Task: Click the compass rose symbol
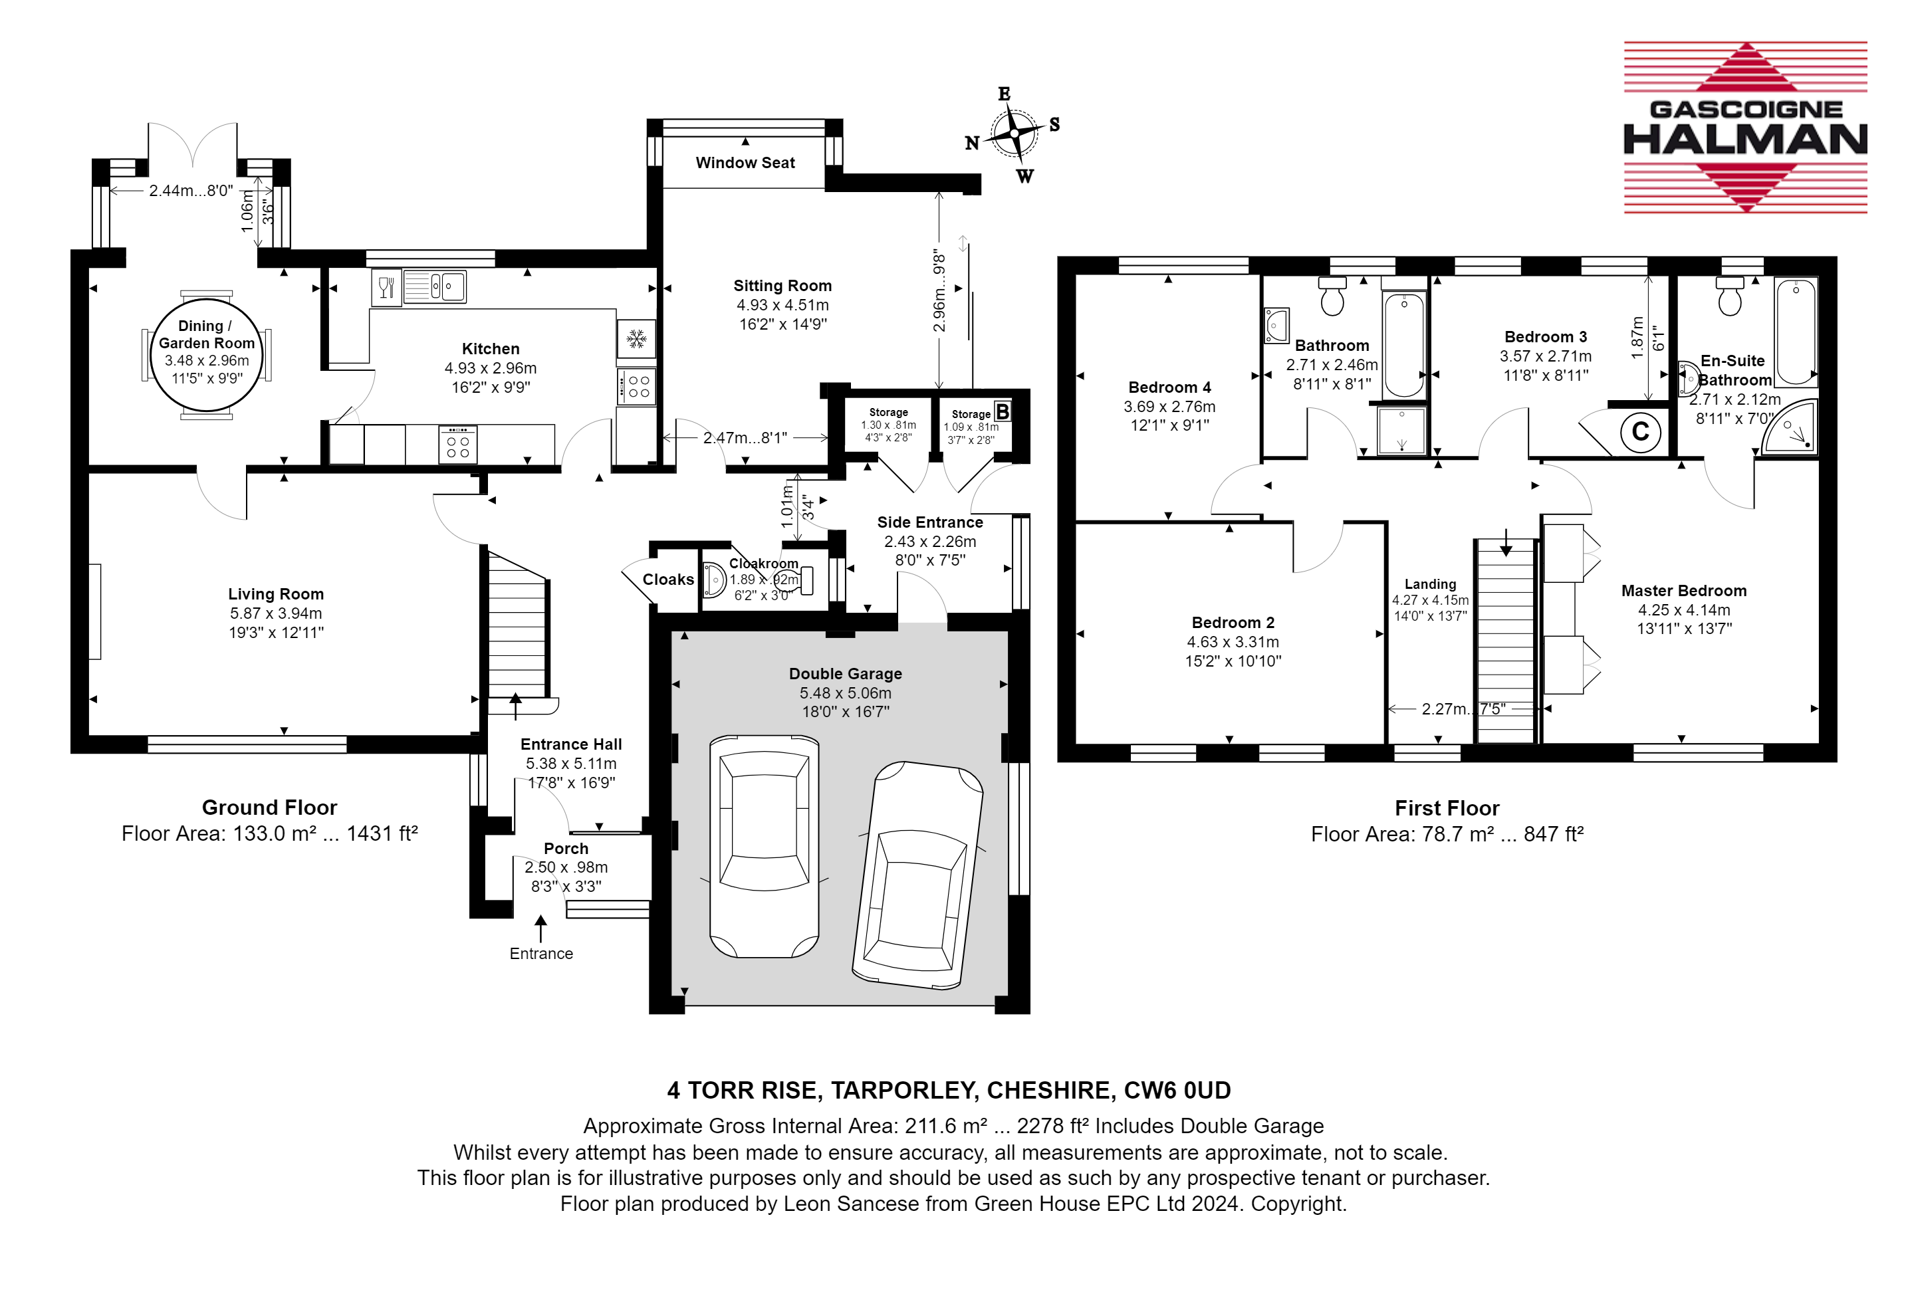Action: (x=1014, y=132)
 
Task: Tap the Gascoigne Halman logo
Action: (x=1744, y=128)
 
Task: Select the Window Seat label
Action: (x=745, y=163)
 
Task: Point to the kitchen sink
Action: (x=435, y=287)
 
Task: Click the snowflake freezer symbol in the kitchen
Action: (x=636, y=338)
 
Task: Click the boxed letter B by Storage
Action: (x=1002, y=411)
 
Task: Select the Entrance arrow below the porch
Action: (x=540, y=928)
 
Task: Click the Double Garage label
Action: (x=846, y=673)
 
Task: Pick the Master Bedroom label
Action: (x=1684, y=590)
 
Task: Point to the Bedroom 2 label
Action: (x=1233, y=623)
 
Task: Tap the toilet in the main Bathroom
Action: (x=1332, y=296)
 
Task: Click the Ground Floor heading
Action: (x=270, y=807)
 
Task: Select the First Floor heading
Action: (x=1447, y=808)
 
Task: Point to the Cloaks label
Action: (x=668, y=580)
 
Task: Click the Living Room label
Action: (x=276, y=593)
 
